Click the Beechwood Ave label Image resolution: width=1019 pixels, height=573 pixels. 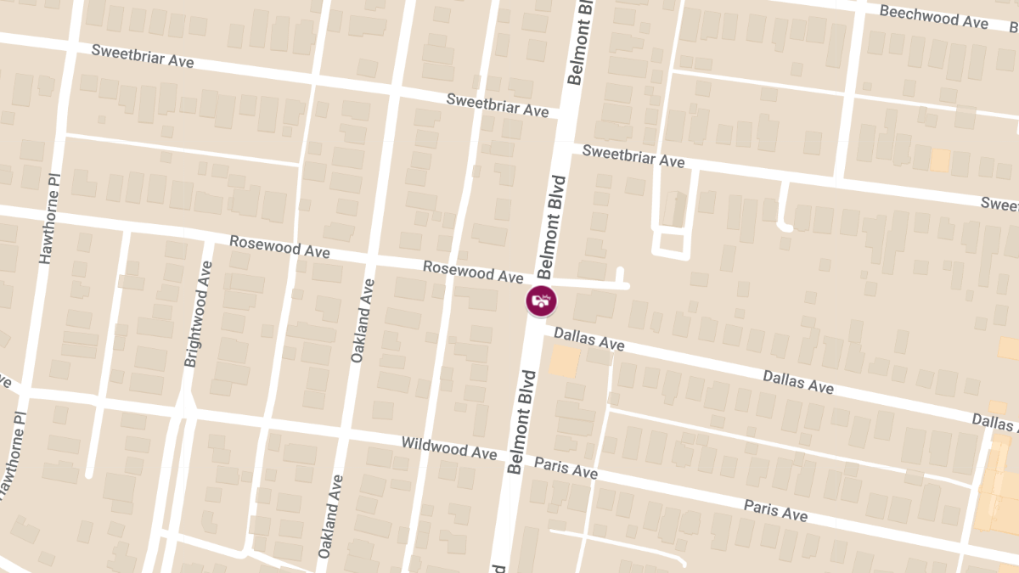(934, 17)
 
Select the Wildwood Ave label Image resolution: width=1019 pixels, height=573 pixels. (448, 447)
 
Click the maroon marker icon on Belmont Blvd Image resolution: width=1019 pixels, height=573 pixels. (541, 301)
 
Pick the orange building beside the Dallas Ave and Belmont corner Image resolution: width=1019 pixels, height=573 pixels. (564, 362)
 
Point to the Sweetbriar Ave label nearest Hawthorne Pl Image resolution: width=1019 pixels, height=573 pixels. (143, 56)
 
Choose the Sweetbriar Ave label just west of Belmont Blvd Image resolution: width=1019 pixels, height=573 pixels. (498, 105)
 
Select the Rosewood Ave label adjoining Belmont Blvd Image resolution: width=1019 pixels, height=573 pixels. (473, 272)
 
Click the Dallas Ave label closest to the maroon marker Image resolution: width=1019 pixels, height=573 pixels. (589, 339)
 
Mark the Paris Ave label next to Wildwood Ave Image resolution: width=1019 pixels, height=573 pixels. (566, 467)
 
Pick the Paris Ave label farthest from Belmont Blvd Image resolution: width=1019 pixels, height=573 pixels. (775, 510)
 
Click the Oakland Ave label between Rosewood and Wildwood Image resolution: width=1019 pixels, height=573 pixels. (362, 321)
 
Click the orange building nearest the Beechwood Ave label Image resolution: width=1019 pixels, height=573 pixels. (939, 160)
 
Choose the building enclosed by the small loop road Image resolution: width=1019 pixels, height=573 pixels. (671, 244)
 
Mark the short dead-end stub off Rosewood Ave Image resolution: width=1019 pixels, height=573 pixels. (621, 276)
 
